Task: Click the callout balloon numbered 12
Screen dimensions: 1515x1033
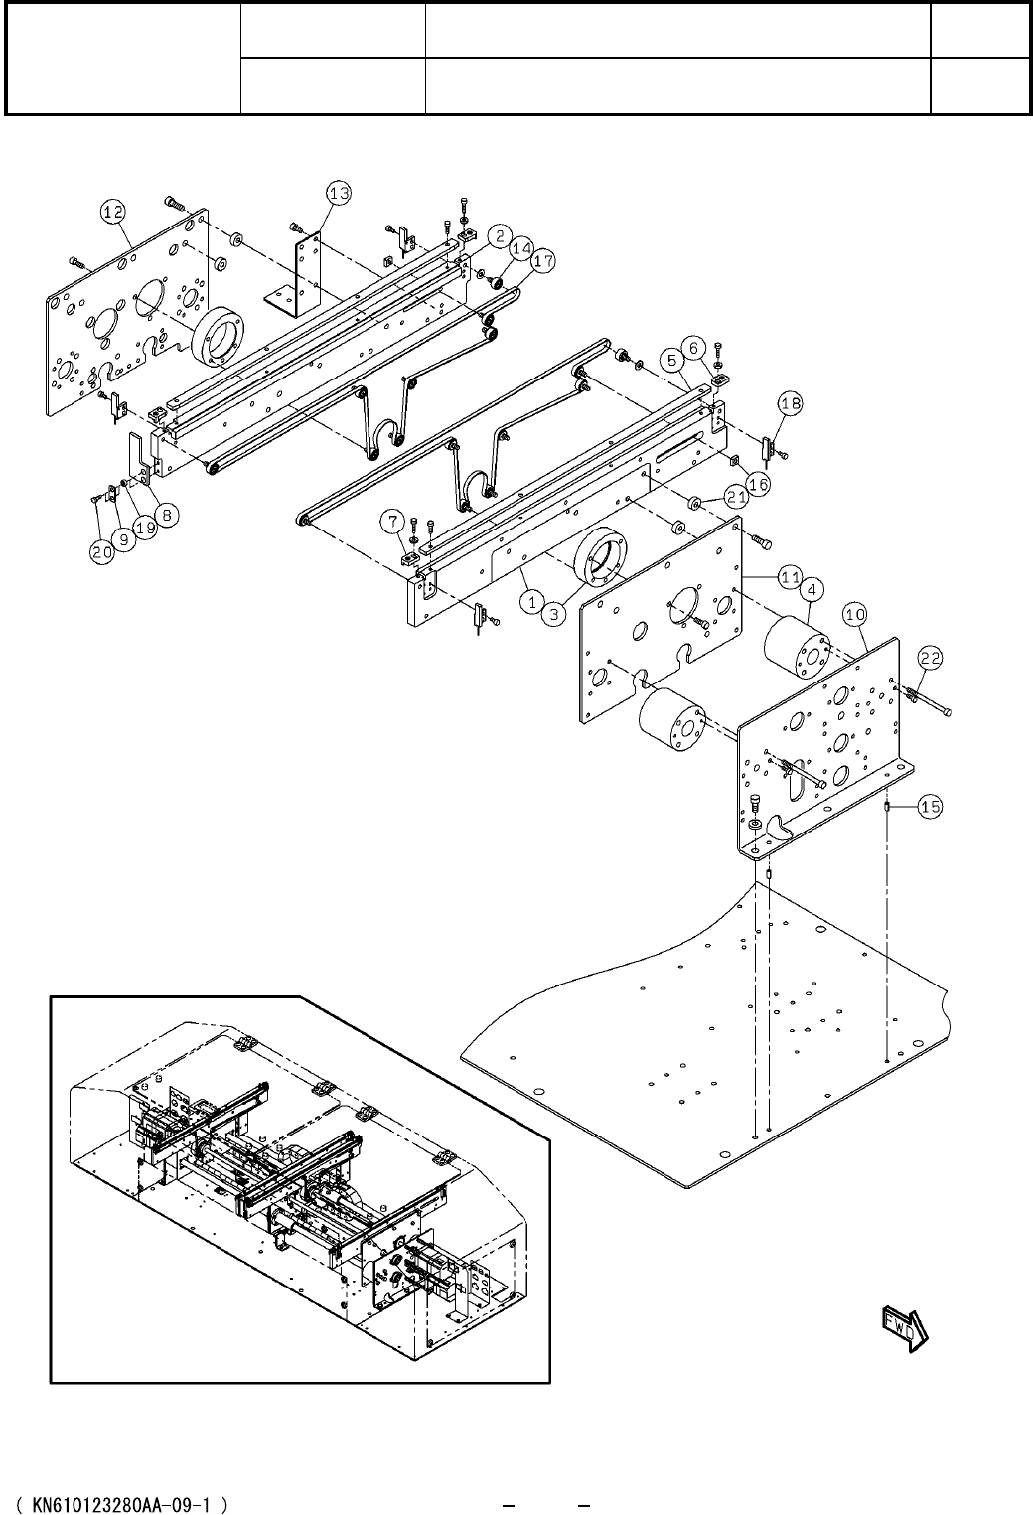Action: [112, 211]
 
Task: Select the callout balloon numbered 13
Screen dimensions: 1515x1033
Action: [339, 194]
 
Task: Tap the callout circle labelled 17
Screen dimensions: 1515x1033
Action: [542, 261]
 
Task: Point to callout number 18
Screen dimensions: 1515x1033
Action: [791, 404]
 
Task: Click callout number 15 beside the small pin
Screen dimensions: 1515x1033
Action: [929, 807]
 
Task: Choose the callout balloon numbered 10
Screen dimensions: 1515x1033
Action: [855, 616]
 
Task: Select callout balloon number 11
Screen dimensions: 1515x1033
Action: [790, 575]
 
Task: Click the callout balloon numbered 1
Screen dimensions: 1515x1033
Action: [532, 601]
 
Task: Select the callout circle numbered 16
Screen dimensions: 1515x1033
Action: [758, 484]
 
